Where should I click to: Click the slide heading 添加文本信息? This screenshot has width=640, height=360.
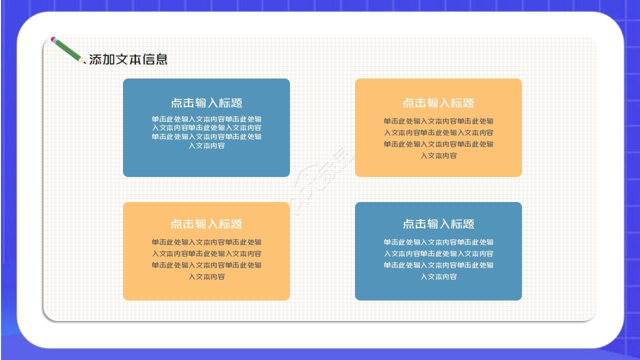tap(128, 59)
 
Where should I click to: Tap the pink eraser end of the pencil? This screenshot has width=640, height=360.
tap(53, 39)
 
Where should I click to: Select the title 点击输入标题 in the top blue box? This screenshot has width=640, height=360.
tap(206, 103)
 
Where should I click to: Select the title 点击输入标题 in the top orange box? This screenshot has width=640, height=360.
tap(438, 103)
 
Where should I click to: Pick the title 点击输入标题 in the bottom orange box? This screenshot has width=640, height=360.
tap(206, 224)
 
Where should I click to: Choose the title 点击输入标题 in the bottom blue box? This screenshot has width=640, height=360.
tap(438, 224)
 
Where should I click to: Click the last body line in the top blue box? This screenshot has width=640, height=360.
tap(206, 145)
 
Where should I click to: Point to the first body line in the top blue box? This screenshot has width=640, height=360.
tap(206, 119)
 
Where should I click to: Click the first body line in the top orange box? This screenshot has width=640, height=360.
tap(438, 121)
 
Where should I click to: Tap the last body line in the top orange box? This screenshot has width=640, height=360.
tap(438, 155)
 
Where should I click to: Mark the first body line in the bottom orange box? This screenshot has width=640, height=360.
tap(206, 242)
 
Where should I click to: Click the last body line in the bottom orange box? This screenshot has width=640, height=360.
tap(206, 276)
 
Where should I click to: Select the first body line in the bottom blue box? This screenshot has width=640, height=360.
tap(438, 242)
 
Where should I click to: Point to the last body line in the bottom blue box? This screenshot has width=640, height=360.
tap(438, 276)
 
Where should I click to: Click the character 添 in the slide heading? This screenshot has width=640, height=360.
tap(95, 59)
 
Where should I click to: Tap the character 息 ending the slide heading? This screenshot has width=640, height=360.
tap(161, 59)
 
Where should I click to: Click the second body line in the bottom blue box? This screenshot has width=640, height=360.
tap(438, 253)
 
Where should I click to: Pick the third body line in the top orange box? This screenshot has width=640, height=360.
tap(438, 144)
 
